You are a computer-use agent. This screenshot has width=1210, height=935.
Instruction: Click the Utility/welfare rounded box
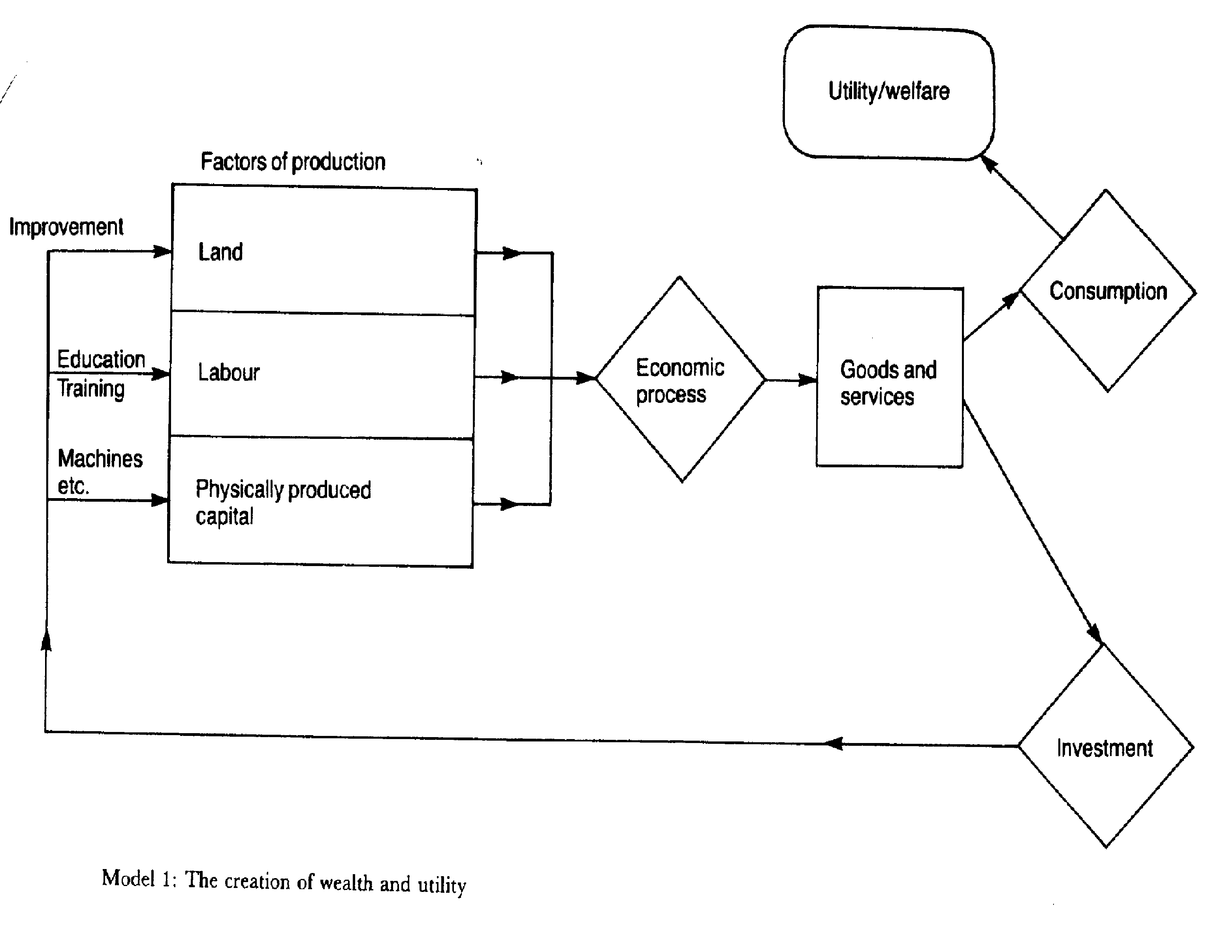(x=889, y=92)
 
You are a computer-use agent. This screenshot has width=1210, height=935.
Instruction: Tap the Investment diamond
(x=1105, y=748)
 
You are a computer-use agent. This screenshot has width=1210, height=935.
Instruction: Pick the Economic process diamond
(x=680, y=380)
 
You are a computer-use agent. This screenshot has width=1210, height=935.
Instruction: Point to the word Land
(x=220, y=252)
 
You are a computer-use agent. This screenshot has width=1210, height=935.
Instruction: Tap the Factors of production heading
(x=293, y=162)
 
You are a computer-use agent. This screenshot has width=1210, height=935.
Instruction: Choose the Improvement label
(x=66, y=227)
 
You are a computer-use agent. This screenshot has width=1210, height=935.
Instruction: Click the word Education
(x=101, y=359)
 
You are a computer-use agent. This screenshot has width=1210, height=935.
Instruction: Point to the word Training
(x=91, y=389)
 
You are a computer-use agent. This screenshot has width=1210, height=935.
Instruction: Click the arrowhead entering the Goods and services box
(x=808, y=380)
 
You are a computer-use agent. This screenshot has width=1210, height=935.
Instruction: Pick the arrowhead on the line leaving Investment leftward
(x=834, y=744)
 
